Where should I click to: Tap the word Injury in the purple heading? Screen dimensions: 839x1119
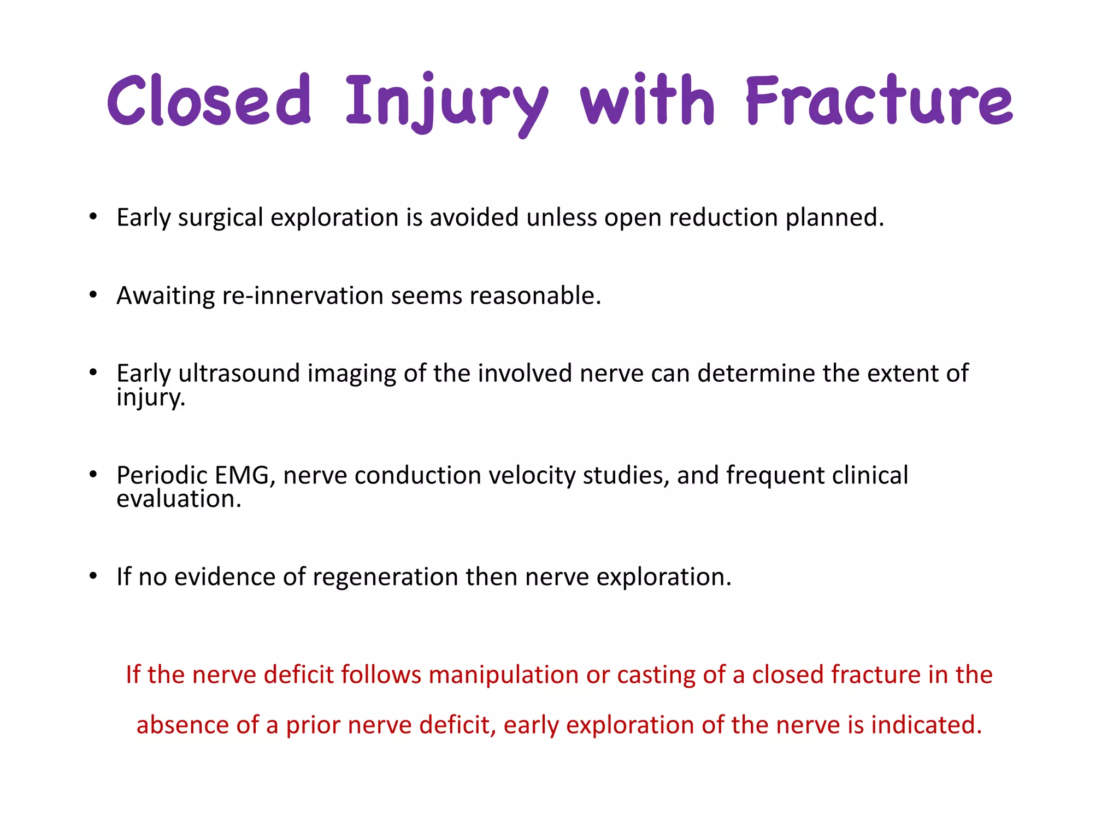point(446,102)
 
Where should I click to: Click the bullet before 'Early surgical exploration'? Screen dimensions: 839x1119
point(93,217)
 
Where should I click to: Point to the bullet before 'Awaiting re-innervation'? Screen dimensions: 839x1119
point(93,296)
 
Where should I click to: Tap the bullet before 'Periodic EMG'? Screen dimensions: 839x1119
point(93,475)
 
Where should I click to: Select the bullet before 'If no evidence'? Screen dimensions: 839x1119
point(93,577)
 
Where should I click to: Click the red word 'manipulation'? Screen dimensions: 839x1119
point(503,675)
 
